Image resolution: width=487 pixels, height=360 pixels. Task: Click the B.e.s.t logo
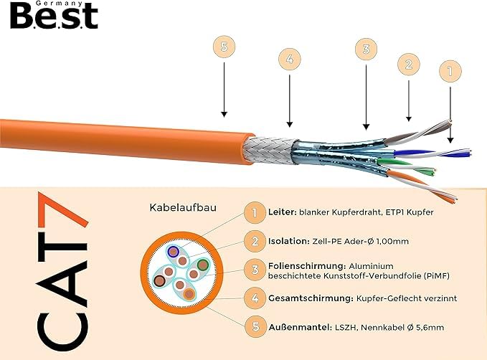(x=54, y=15)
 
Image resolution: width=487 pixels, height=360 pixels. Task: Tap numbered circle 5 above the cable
(x=224, y=47)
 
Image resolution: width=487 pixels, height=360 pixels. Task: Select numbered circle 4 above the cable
(x=290, y=59)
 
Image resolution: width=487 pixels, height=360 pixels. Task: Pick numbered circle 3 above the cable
(x=366, y=49)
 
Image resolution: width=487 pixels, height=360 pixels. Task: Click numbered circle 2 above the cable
(x=409, y=65)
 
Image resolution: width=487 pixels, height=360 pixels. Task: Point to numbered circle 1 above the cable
(x=450, y=71)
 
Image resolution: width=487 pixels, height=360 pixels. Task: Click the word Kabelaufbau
(x=183, y=207)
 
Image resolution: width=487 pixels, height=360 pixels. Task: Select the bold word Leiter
(x=282, y=212)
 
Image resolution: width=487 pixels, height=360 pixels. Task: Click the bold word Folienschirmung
(x=307, y=266)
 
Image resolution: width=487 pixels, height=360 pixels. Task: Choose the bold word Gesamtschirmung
(x=311, y=298)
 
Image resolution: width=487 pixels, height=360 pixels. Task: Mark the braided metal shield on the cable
(x=269, y=151)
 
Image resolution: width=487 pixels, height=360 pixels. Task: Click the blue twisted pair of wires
(x=432, y=153)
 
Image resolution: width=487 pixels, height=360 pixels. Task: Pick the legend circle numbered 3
(x=255, y=269)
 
